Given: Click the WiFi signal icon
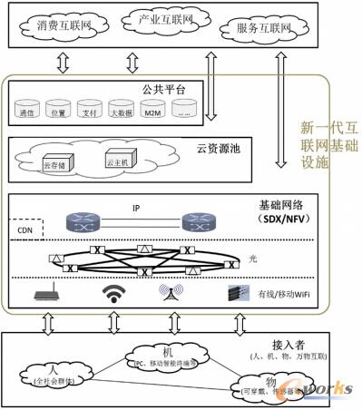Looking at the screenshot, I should coord(113,293).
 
